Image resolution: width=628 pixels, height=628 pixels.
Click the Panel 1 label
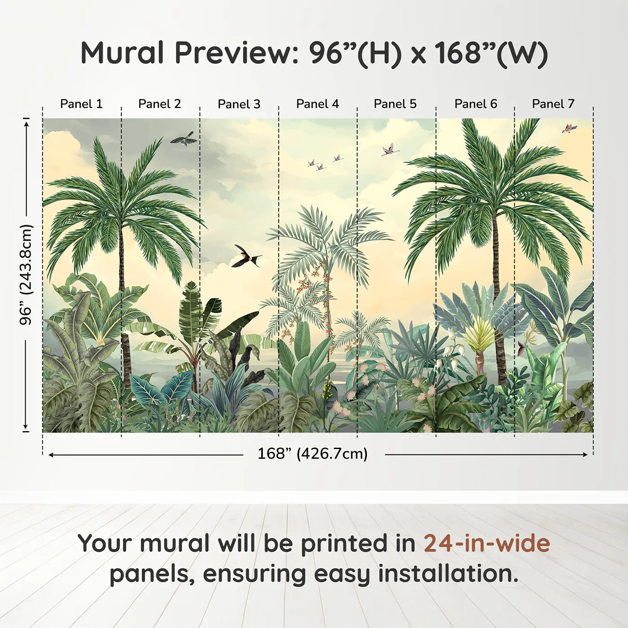[x=81, y=104]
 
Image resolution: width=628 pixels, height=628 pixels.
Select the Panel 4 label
[x=318, y=104]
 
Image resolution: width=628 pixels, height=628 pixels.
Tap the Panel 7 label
[x=553, y=104]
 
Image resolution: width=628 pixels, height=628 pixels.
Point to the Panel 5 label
[x=395, y=104]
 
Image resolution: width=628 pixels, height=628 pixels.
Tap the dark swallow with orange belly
[x=246, y=256]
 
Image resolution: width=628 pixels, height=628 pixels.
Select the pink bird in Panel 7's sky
[x=569, y=128]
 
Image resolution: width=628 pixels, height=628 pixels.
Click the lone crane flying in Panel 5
[x=390, y=149]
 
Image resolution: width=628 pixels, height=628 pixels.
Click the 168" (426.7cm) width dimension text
[x=313, y=454]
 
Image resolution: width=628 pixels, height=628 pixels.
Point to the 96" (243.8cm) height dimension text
[x=26, y=275]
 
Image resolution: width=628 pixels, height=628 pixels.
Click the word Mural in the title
[x=122, y=53]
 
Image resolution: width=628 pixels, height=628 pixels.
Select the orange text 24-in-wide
[x=487, y=543]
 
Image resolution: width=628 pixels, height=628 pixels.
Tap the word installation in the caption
[x=448, y=574]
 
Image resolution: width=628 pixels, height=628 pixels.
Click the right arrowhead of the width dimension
[x=585, y=454]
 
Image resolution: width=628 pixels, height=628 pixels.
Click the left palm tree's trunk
[x=124, y=310]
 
